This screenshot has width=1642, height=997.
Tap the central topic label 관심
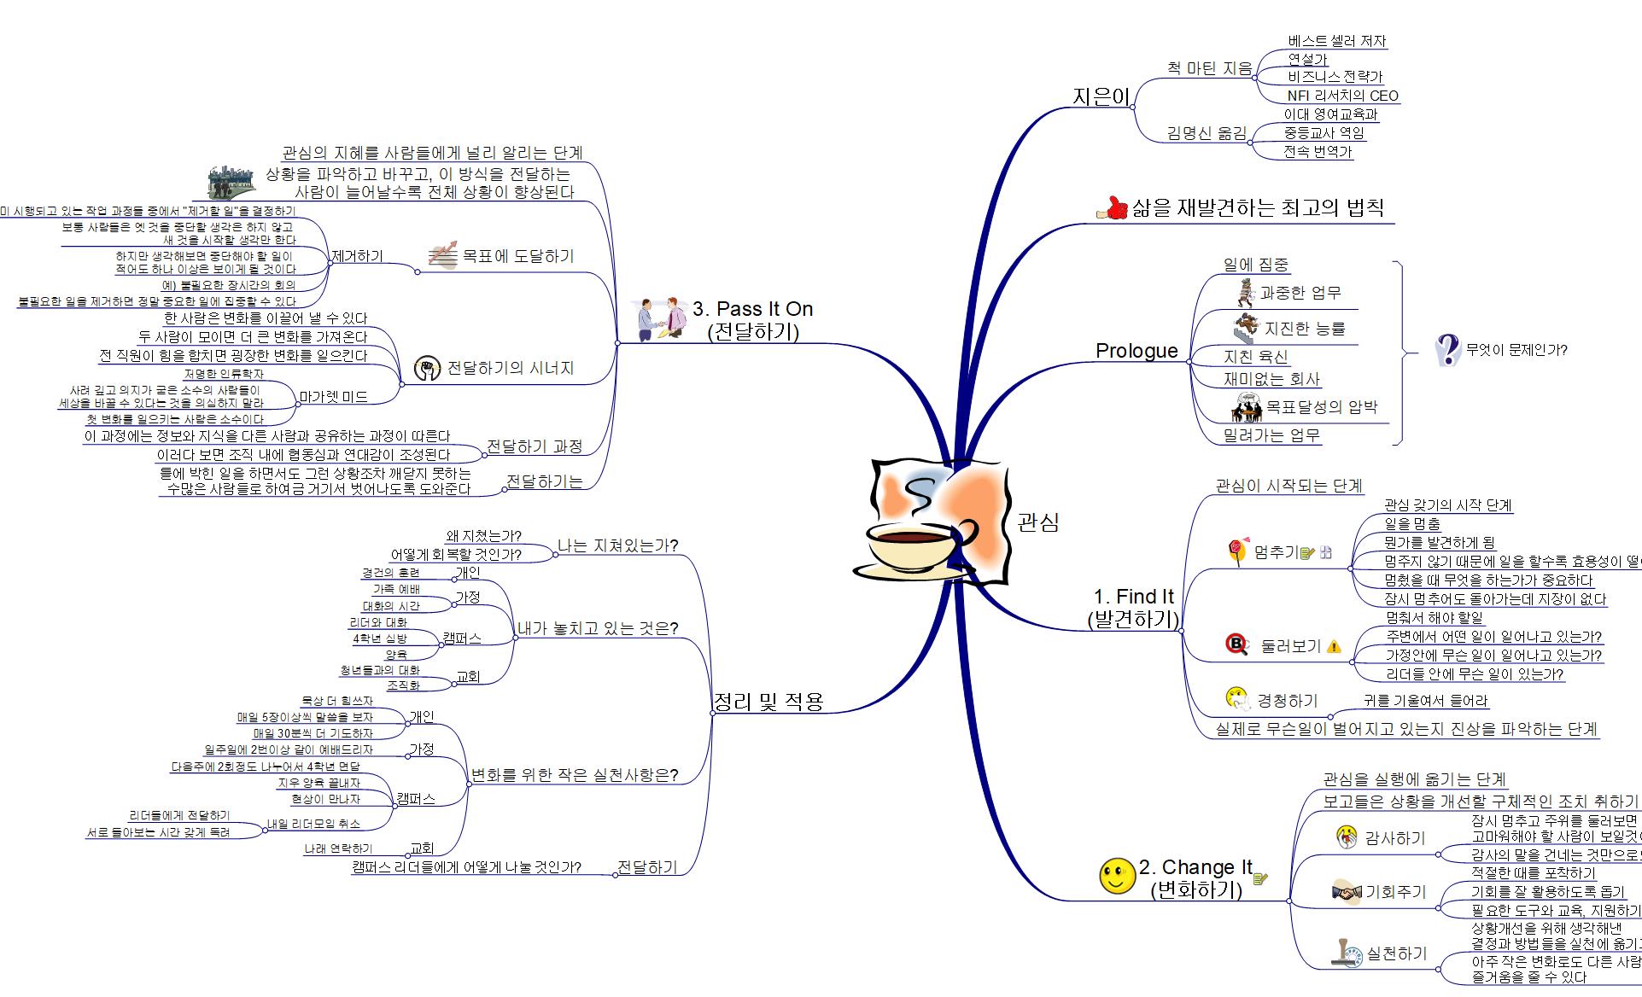[x=1038, y=522]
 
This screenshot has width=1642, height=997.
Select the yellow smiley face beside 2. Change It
[x=1117, y=876]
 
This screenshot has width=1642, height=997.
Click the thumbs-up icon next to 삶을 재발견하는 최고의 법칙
[x=1112, y=207]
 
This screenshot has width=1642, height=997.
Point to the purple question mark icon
[x=1447, y=349]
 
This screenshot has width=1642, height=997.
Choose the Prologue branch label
[x=1137, y=351]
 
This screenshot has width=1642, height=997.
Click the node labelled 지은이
[x=1101, y=97]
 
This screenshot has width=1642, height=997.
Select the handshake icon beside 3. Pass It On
[x=663, y=319]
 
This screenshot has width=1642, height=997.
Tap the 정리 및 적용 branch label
[x=768, y=702]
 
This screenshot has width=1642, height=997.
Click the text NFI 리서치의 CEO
[x=1343, y=96]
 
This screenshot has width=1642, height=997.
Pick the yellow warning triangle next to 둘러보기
[x=1335, y=647]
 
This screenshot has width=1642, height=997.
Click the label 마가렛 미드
[x=334, y=397]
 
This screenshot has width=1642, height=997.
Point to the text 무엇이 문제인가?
[x=1516, y=350]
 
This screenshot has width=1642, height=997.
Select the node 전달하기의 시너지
[x=511, y=369]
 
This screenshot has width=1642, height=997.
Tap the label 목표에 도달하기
[x=517, y=256]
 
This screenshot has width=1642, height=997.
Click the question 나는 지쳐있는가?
[x=617, y=545]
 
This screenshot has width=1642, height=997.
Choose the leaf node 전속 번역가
[x=1318, y=152]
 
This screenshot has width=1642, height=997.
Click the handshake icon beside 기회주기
[x=1346, y=893]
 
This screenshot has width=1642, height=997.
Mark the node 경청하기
[x=1287, y=701]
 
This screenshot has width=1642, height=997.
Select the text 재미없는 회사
[x=1271, y=379]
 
